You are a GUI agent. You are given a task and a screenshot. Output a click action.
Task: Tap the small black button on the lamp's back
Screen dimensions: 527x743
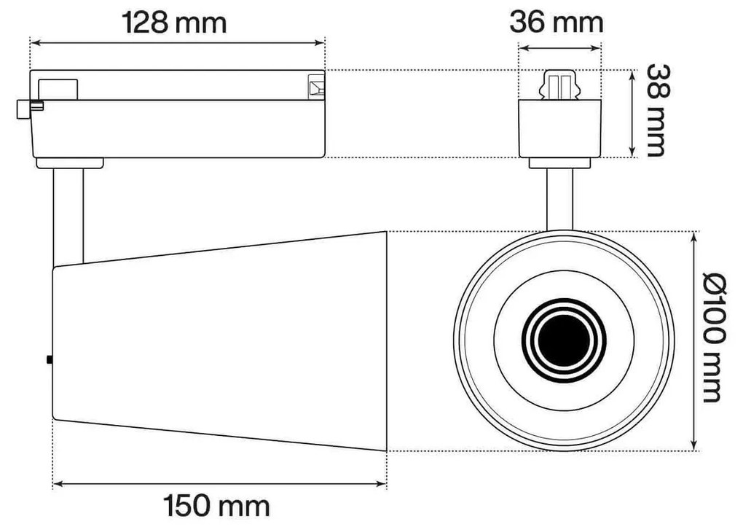point(49,359)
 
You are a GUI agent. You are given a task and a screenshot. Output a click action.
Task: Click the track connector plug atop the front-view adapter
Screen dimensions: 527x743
point(559,86)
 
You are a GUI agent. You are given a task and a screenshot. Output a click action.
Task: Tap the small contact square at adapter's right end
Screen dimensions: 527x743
point(316,87)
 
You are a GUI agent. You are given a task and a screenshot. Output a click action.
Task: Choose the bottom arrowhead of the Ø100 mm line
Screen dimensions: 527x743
point(695,448)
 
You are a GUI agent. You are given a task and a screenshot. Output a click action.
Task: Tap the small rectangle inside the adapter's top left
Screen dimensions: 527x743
point(58,89)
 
